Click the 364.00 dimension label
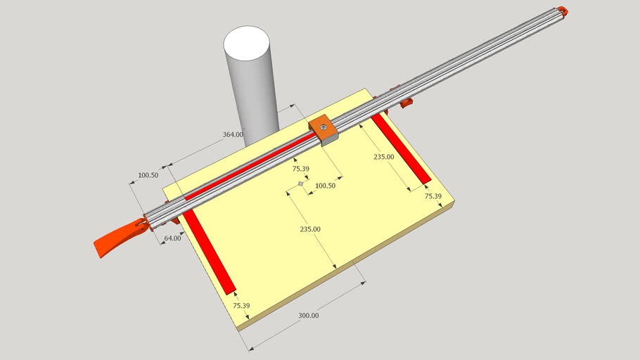[x=233, y=134]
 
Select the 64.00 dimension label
[x=172, y=238]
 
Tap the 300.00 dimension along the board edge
[x=308, y=316]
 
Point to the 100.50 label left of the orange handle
[x=148, y=175]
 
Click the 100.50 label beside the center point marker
[x=326, y=186]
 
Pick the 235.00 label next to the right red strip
[x=384, y=157]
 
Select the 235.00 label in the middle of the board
[x=310, y=229]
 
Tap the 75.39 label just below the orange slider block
[x=300, y=169]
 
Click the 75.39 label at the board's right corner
[x=433, y=197]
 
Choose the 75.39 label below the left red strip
[x=241, y=306]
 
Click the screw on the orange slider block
[x=322, y=127]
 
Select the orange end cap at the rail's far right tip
[x=563, y=11]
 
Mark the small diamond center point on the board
[x=300, y=184]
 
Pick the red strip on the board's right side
[x=400, y=150]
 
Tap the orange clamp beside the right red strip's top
[x=405, y=105]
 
